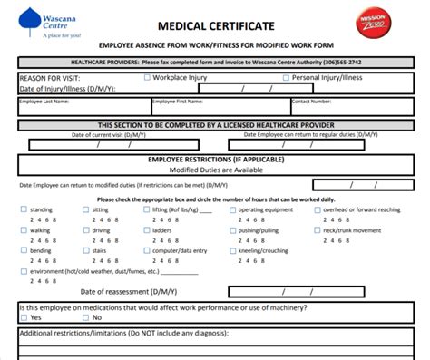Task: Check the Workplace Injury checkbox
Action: click(149, 78)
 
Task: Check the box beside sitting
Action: click(84, 209)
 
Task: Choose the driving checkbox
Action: click(84, 230)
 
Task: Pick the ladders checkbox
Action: click(146, 230)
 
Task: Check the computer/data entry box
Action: click(146, 250)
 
